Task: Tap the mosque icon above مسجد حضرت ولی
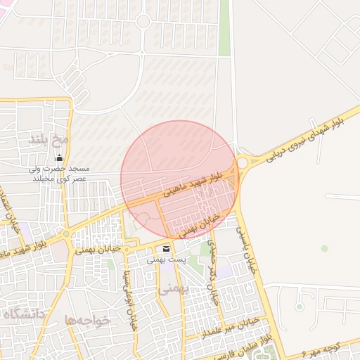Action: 58,157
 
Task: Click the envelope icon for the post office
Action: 167,249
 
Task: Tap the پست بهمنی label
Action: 166,260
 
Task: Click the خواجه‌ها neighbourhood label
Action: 88,320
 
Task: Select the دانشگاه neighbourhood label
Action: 29,314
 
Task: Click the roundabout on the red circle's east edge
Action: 243,162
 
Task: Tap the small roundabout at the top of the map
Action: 143,21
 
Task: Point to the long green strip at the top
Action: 224,28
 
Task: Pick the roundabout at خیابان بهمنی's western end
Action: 66,233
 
